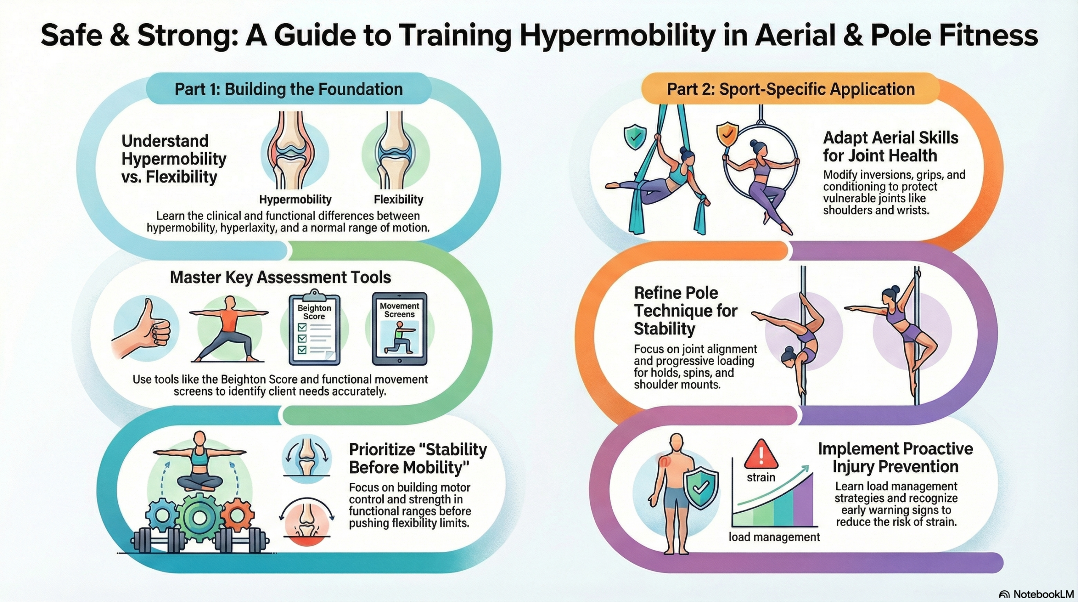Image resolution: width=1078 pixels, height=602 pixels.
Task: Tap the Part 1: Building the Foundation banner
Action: coord(289,89)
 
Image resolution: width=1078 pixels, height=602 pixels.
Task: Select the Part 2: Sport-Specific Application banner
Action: coord(791,89)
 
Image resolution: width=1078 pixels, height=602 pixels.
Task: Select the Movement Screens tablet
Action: coord(399,329)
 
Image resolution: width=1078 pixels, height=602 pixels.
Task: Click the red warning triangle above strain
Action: coord(761,455)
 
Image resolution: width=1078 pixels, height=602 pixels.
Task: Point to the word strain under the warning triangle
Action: coord(761,477)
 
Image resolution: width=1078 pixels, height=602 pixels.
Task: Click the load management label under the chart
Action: coord(774,537)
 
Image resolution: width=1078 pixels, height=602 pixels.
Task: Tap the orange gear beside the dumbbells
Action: coord(237,514)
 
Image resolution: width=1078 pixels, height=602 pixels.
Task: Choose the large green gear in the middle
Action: coord(199,518)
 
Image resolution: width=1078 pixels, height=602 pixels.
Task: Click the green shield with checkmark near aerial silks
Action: coord(635,136)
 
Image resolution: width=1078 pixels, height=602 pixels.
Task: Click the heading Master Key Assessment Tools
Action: coord(280,277)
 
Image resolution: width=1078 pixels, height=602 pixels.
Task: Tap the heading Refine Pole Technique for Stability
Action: coord(686,310)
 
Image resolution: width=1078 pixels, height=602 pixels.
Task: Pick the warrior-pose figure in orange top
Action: coord(229,329)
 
